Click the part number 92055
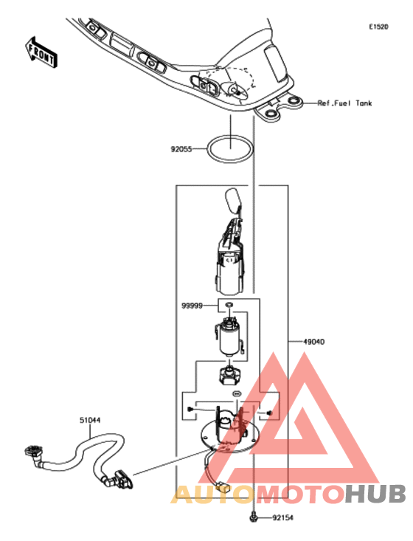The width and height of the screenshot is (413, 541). pos(181,149)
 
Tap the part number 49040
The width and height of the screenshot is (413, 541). pos(313,342)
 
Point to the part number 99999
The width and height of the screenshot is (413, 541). pos(192,306)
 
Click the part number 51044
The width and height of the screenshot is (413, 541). pos(90,420)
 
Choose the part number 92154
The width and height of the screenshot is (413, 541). pos(282,518)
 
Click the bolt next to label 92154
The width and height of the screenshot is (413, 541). pos(253,517)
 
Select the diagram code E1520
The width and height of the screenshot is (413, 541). pos(378,27)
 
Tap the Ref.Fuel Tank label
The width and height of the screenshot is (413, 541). pos(344,103)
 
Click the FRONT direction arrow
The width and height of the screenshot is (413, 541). pos(41,52)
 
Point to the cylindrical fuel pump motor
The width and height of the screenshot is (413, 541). pos(229,338)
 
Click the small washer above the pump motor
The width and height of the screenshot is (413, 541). pos(229,305)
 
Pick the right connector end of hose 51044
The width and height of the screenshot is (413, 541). pos(122,478)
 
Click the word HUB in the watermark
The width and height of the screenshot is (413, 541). pos(375,494)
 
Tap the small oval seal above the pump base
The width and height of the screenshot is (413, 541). pos(236,393)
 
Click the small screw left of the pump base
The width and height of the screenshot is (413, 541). pos(190,409)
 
